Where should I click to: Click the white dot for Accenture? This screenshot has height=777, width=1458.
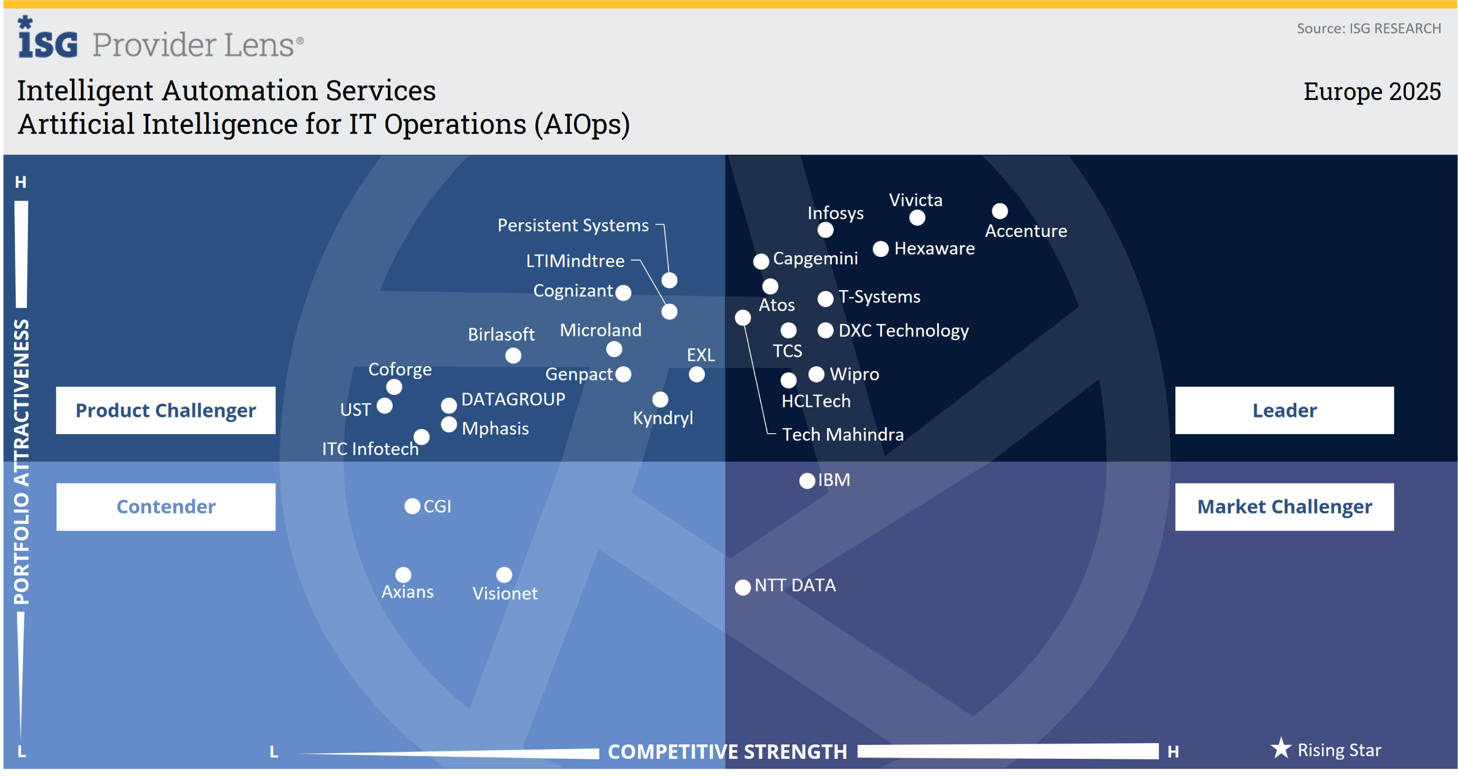(1000, 211)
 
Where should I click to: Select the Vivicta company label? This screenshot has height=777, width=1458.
(915, 200)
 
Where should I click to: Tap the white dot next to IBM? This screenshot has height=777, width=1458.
(807, 481)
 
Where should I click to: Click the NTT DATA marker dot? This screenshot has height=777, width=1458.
(742, 587)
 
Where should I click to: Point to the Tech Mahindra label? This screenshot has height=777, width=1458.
(842, 434)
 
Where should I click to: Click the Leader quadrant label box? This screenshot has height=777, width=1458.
(1284, 410)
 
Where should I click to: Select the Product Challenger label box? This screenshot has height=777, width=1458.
(166, 410)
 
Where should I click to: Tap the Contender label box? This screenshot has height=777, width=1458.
(166, 507)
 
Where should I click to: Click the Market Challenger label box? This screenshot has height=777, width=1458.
(1284, 507)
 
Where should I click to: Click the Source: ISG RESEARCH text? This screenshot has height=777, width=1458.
(1368, 28)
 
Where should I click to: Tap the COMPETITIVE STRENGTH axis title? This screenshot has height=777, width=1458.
(727, 752)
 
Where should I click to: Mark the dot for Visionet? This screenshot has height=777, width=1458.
(504, 575)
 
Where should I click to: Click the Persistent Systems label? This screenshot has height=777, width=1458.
(573, 225)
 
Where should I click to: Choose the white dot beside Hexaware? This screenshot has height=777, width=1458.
(881, 248)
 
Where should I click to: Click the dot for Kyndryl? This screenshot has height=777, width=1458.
(660, 399)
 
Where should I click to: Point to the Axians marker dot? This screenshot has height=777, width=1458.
(403, 575)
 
